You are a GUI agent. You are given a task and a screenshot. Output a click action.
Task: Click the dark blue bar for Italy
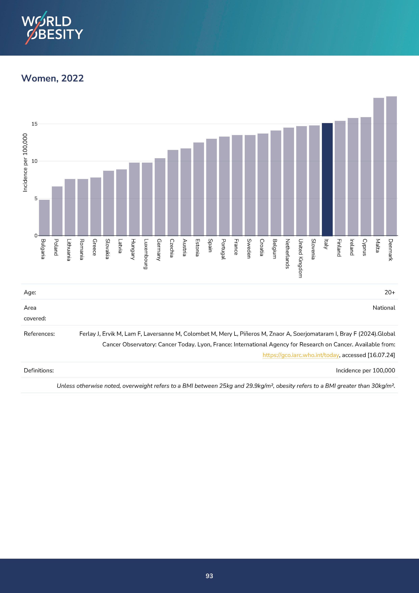(x=327, y=180)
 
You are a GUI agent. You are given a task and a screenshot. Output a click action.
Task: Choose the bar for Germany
(x=160, y=197)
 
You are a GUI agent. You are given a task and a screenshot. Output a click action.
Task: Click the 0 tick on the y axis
(x=36, y=235)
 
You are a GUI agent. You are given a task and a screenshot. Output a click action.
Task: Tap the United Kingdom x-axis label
(x=300, y=258)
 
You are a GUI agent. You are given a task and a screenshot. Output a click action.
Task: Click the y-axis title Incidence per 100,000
(x=25, y=163)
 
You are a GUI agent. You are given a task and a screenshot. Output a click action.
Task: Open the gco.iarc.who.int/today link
(x=301, y=355)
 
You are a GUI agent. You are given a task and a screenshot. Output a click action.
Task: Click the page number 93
(x=209, y=576)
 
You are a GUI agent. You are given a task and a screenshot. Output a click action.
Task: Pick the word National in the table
(x=384, y=308)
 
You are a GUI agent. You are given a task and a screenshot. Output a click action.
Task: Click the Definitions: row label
(x=39, y=370)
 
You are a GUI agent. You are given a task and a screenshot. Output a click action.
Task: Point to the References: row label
(x=39, y=334)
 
